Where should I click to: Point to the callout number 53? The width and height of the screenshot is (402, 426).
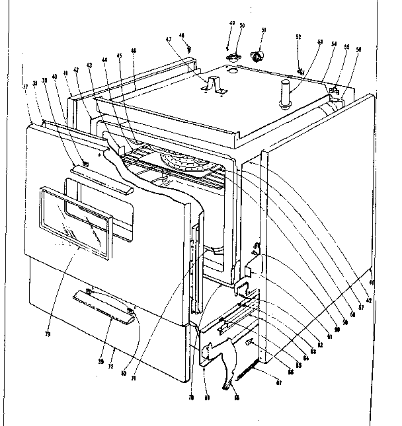point(320,42)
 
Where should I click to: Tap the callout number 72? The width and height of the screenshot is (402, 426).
point(112,366)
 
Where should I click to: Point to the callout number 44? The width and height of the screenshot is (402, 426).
point(104,59)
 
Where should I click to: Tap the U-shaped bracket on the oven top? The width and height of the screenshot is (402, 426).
point(212,85)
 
